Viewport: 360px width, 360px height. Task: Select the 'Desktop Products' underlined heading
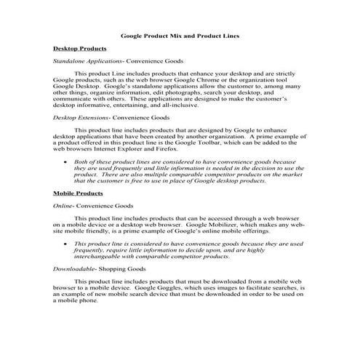[80, 48]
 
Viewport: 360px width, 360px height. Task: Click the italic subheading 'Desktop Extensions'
[83, 116]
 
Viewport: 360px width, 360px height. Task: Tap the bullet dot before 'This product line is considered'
[66, 244]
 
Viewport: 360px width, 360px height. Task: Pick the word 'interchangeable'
[95, 256]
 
